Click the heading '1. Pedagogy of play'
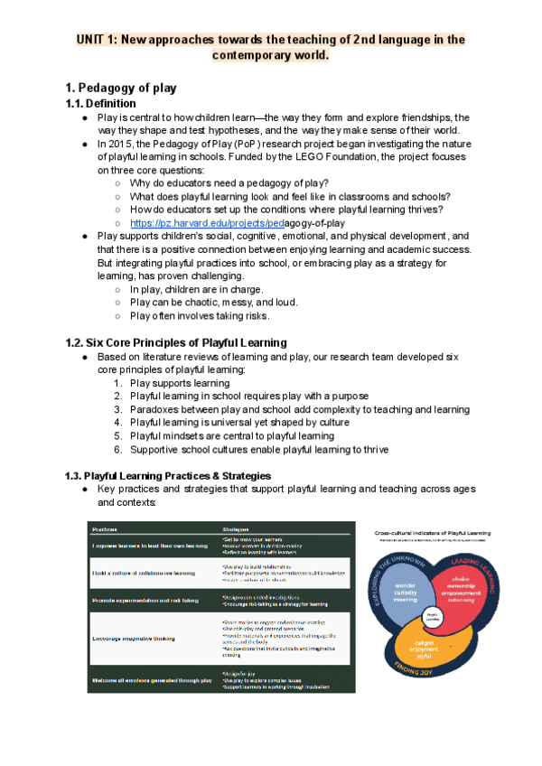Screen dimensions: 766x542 pos(121,88)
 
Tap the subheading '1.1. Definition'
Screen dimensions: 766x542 pos(102,104)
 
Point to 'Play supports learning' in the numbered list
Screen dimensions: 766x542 pos(180,383)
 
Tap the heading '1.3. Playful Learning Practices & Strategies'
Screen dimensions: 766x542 pos(167,475)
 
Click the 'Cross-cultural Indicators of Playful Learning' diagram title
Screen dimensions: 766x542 pos(433,533)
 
